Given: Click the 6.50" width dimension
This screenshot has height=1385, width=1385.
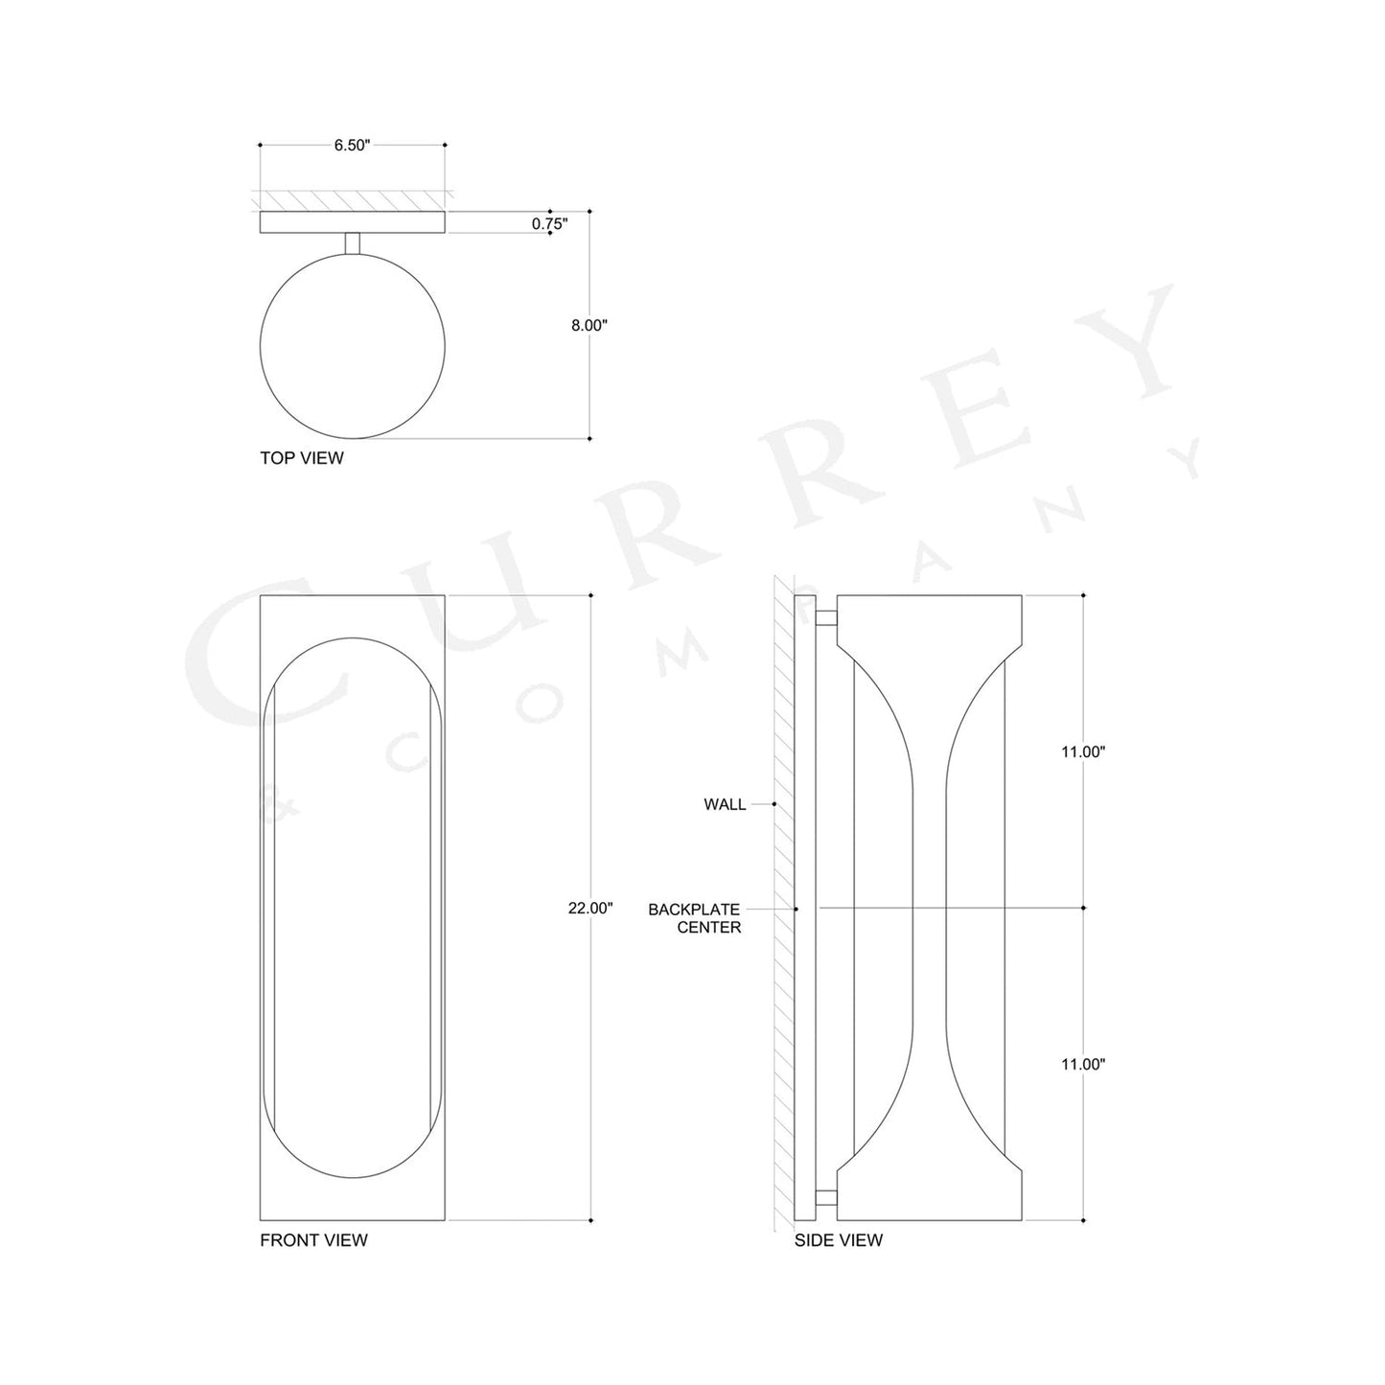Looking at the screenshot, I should pos(352,146).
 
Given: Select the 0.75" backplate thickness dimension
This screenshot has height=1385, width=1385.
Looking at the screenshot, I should pos(549,223).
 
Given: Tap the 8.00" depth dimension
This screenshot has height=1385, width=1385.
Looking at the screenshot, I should pos(589,326).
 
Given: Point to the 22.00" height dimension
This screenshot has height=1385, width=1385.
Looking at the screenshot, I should pos(589,908).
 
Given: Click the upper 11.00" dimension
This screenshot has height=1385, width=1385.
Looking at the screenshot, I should pos(1083,752).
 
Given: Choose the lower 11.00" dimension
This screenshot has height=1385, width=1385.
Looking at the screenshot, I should pos(1083,1064).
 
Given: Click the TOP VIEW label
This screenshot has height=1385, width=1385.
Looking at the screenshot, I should pos(301,458).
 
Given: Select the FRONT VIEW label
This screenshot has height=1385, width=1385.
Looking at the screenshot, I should pos(313,1240).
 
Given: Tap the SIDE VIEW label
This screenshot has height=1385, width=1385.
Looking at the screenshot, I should pos(839,1240).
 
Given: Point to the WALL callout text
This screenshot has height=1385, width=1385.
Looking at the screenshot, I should pos(725,804).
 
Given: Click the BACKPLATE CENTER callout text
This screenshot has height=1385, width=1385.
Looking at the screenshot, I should pos(694,917).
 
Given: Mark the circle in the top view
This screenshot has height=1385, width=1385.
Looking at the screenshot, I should pos(353,346).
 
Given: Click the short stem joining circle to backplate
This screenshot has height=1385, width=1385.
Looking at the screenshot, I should pos(353,243).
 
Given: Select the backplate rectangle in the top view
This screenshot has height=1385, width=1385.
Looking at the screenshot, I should pos(353,222).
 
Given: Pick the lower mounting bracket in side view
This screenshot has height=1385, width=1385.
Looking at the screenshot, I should pos(826,1196).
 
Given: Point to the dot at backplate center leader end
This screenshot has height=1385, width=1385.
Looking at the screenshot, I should pos(796,908).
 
